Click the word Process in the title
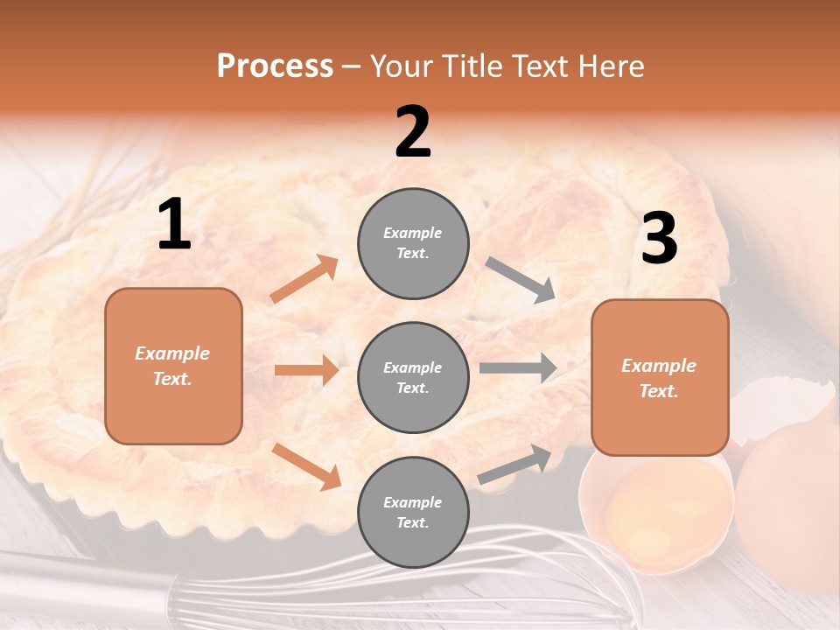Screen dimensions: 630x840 click(x=275, y=66)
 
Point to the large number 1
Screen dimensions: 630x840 click(x=174, y=226)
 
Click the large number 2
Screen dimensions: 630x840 click(x=413, y=133)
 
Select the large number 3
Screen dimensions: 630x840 click(x=659, y=239)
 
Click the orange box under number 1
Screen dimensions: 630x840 click(x=173, y=366)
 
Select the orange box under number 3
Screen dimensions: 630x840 click(x=660, y=377)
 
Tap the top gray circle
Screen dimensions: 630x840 click(x=413, y=243)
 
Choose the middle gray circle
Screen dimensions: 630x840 click(x=413, y=377)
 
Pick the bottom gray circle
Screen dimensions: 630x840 click(x=413, y=512)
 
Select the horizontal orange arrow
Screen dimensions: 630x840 click(x=306, y=370)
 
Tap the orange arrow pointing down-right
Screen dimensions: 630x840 click(x=306, y=465)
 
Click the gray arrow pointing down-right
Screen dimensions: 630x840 click(x=521, y=280)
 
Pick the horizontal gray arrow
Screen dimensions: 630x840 click(x=518, y=367)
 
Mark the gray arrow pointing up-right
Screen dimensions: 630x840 click(x=514, y=465)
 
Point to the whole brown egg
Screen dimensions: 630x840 click(x=787, y=507)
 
